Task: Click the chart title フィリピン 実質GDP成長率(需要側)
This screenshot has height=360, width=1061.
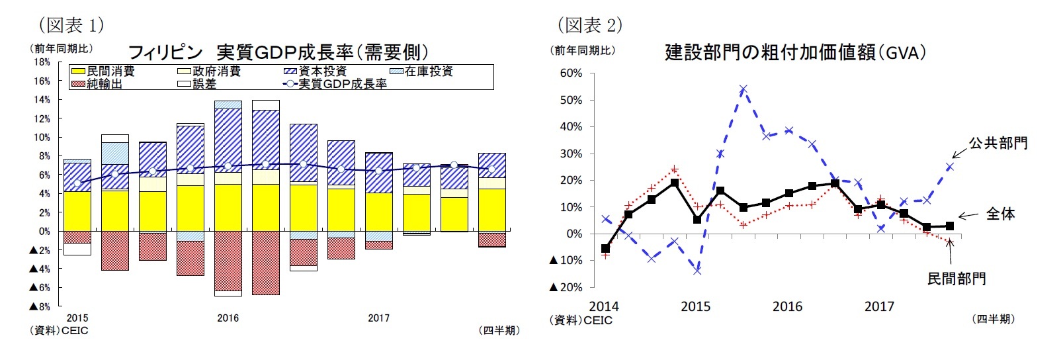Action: point(278,52)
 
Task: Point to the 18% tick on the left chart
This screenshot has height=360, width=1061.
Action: point(42,62)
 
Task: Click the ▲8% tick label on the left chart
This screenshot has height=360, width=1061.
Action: point(39,307)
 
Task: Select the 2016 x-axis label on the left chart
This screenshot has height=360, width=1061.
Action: point(228,318)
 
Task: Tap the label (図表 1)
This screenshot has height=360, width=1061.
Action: point(71,25)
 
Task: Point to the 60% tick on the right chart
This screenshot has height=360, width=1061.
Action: point(571,73)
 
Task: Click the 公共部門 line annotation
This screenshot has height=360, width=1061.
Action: point(998,143)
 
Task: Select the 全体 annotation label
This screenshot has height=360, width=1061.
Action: point(1000,214)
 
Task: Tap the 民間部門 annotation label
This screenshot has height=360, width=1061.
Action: point(956,279)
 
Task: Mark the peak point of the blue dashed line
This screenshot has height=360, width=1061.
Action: point(743,89)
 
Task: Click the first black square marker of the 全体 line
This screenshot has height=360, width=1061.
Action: point(605,249)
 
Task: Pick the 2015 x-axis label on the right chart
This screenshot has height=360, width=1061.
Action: point(695,306)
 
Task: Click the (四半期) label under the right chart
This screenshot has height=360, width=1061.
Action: point(992,319)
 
